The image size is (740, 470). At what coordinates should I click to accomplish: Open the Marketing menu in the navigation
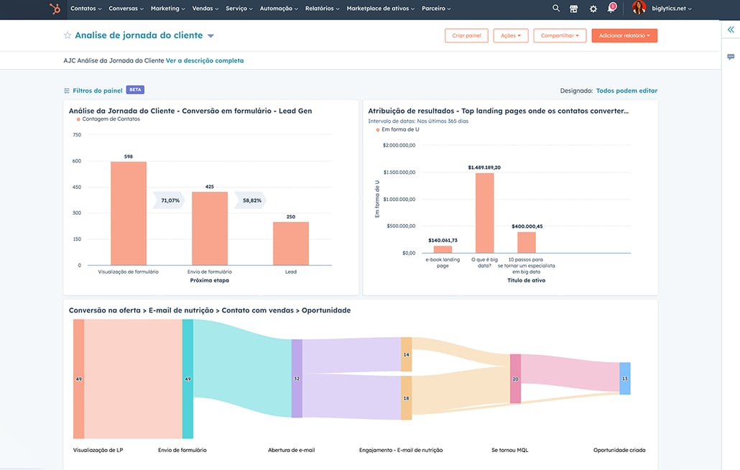167,9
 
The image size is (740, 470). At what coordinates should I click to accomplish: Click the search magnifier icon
556,9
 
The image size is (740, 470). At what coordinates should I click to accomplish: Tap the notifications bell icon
611,9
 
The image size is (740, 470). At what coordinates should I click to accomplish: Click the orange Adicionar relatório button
624,35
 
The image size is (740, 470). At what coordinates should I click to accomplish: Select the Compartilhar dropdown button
560,35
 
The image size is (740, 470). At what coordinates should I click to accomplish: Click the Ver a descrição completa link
205,61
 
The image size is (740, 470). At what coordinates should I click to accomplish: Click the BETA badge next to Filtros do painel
135,90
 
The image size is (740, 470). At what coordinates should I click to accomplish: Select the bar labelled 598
129,213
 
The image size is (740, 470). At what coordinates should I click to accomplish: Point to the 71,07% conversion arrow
170,201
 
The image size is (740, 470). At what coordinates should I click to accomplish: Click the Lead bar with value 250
291,244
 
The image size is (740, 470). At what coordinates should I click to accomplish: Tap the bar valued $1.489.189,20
485,213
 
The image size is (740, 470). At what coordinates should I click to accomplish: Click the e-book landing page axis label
443,262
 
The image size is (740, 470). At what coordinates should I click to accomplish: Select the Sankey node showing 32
297,379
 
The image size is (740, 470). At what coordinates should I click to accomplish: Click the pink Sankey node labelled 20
515,379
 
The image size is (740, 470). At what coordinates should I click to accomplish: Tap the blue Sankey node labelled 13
624,379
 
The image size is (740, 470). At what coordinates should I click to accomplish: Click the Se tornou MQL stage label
510,450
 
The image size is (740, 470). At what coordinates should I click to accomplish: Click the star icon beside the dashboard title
68,35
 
